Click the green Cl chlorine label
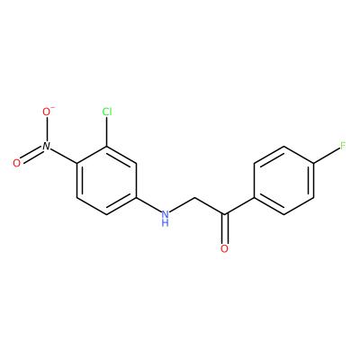(107, 112)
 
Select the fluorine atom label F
(343, 146)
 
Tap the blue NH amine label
(165, 219)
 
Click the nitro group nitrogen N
(47, 146)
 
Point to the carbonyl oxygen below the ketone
(224, 248)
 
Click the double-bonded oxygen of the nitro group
(17, 163)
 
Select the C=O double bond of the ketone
(224, 229)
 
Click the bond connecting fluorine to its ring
(327, 156)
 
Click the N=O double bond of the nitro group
(31, 155)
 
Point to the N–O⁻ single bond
(47, 129)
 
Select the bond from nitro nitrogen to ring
(64, 157)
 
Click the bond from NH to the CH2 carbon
(183, 206)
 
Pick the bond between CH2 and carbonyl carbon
(210, 206)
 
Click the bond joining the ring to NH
(148, 204)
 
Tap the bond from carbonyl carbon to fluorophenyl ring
(239, 206)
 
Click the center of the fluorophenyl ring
(283, 181)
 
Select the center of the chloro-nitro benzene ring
(107, 181)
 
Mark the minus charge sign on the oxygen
(53, 107)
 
